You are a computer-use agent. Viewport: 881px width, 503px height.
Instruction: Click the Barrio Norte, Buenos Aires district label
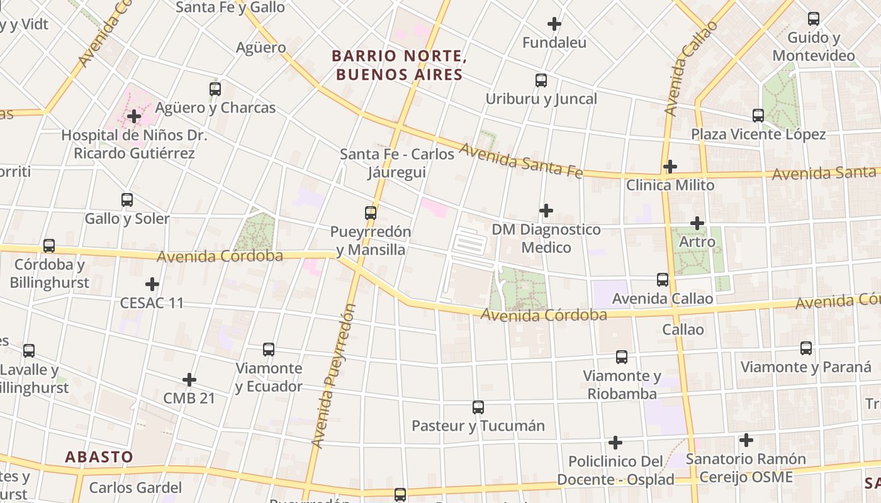398,65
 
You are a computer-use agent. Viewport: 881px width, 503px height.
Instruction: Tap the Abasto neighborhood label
99,457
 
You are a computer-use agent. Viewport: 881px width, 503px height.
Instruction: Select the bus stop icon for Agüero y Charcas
215,89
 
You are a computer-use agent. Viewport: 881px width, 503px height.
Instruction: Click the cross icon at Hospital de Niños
133,116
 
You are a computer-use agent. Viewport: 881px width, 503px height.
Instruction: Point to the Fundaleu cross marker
554,25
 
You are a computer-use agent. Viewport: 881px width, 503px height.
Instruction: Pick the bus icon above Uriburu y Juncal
541,80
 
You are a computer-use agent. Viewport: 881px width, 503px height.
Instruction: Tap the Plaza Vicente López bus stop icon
758,116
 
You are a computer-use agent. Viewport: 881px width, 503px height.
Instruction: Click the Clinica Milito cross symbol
670,167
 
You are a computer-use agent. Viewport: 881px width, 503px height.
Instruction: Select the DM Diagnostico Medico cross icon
546,211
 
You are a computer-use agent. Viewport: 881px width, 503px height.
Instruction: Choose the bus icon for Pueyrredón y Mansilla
371,213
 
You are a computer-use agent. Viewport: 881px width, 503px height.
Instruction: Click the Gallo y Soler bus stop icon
127,201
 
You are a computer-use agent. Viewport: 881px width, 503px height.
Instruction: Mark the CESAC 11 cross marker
152,284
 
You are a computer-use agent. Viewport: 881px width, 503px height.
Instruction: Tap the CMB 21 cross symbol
189,380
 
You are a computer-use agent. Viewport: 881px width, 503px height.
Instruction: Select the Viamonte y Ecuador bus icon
269,350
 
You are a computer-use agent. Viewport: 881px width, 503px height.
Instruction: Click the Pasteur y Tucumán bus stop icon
478,407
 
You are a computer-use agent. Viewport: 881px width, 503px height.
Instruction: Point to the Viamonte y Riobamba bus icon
622,357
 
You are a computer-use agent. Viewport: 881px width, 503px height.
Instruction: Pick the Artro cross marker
697,223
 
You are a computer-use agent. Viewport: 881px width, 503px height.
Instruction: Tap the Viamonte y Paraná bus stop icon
806,348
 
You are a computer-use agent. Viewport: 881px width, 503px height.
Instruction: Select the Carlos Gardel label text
135,487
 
